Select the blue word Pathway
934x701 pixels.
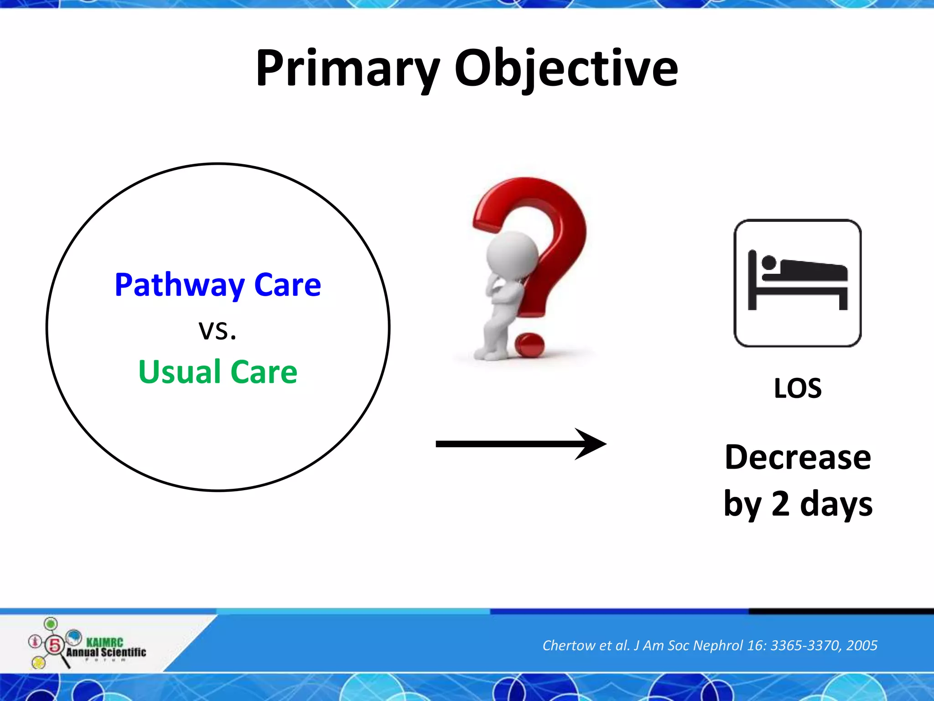180,285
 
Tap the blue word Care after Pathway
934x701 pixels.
287,285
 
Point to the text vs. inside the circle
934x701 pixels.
218,330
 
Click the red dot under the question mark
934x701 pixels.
529,345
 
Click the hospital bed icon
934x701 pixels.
797,283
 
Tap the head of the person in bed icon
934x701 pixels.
769,262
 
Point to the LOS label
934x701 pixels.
798,388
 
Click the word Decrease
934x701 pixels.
798,457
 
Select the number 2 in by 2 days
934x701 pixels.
780,503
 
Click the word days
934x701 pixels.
836,504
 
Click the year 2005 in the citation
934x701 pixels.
861,645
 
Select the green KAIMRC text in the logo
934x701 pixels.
104,642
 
